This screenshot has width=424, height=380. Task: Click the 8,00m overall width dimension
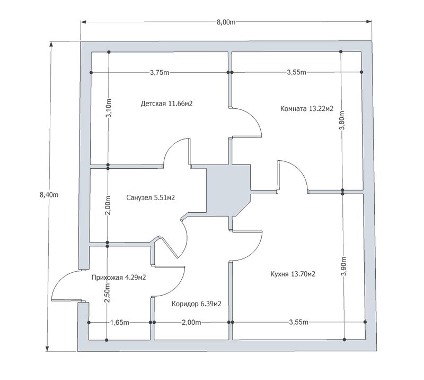click(226, 22)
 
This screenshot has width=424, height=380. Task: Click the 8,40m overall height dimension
click(49, 195)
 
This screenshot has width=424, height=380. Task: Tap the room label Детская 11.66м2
click(166, 103)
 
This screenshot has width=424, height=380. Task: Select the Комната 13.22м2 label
click(307, 109)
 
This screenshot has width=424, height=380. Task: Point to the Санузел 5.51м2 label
click(151, 198)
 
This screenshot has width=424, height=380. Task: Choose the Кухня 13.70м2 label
click(293, 274)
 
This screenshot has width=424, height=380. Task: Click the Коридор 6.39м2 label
click(197, 304)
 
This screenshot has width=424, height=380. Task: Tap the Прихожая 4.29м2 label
click(119, 278)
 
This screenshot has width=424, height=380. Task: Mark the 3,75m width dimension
click(160, 73)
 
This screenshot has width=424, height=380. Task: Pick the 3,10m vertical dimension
click(109, 108)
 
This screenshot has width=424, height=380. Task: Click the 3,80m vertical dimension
click(342, 120)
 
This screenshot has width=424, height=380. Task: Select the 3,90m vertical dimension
click(343, 266)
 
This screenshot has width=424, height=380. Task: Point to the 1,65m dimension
click(120, 323)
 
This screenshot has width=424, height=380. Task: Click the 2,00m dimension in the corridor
click(191, 322)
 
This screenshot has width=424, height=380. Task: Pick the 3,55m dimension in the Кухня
click(298, 322)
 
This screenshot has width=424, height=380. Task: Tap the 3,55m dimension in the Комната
click(296, 72)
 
